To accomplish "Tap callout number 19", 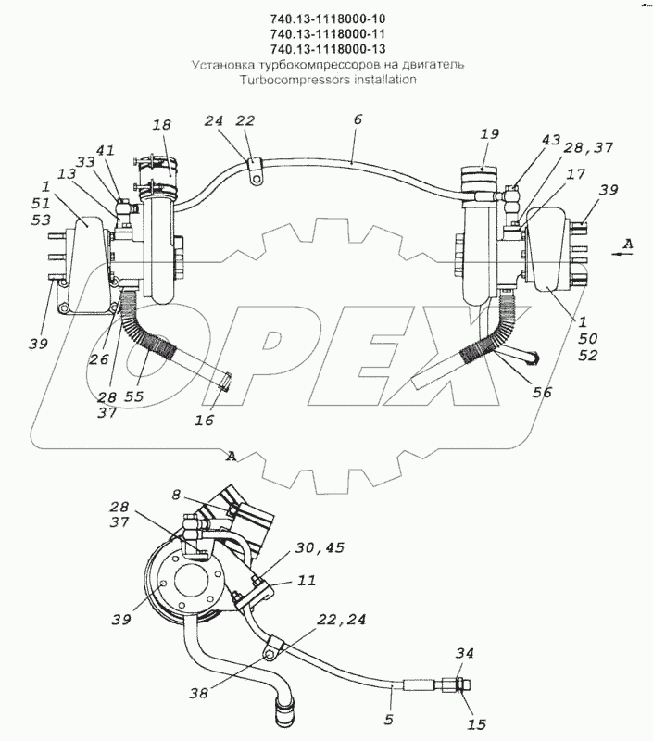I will coord(490,133).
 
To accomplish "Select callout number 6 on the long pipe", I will coord(358,120).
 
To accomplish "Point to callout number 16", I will coord(205,420).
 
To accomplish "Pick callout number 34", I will coord(465,654).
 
